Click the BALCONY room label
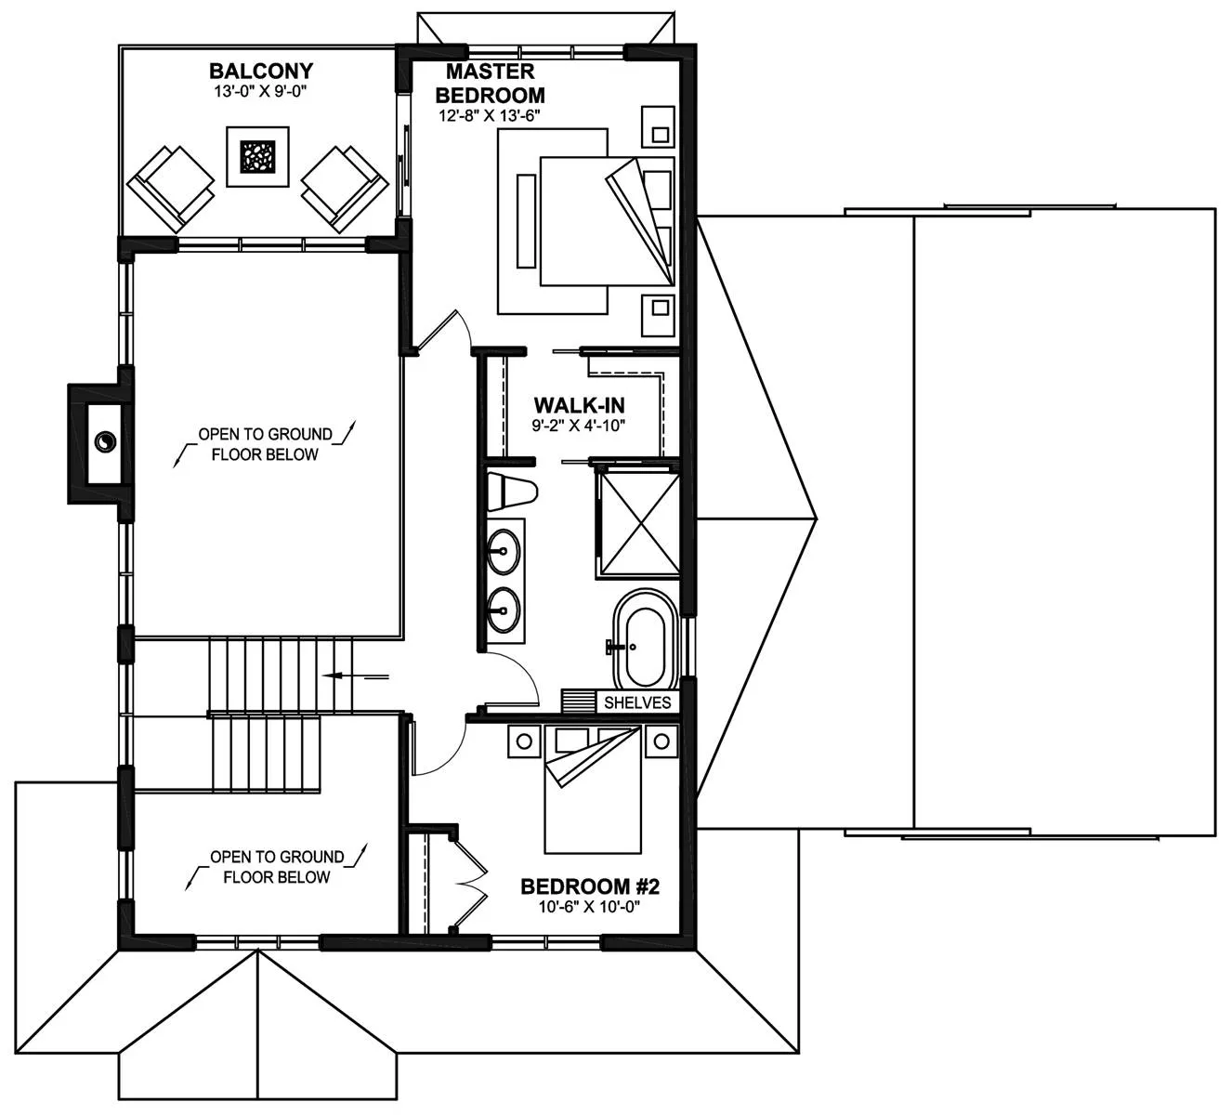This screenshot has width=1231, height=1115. [x=261, y=72]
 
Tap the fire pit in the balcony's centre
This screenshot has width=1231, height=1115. [x=257, y=157]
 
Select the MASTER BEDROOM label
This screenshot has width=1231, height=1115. [x=490, y=84]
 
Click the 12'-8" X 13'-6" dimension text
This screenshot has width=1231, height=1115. [x=489, y=115]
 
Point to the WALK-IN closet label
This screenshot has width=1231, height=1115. [x=580, y=405]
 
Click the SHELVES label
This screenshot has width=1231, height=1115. [x=637, y=702]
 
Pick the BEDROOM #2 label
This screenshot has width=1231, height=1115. [x=590, y=886]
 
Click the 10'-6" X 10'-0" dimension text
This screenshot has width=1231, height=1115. [x=590, y=907]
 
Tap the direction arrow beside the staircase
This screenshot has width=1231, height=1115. [x=355, y=676]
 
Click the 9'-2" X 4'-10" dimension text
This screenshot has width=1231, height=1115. [x=579, y=425]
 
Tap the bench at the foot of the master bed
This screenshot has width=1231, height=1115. [x=526, y=221]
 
